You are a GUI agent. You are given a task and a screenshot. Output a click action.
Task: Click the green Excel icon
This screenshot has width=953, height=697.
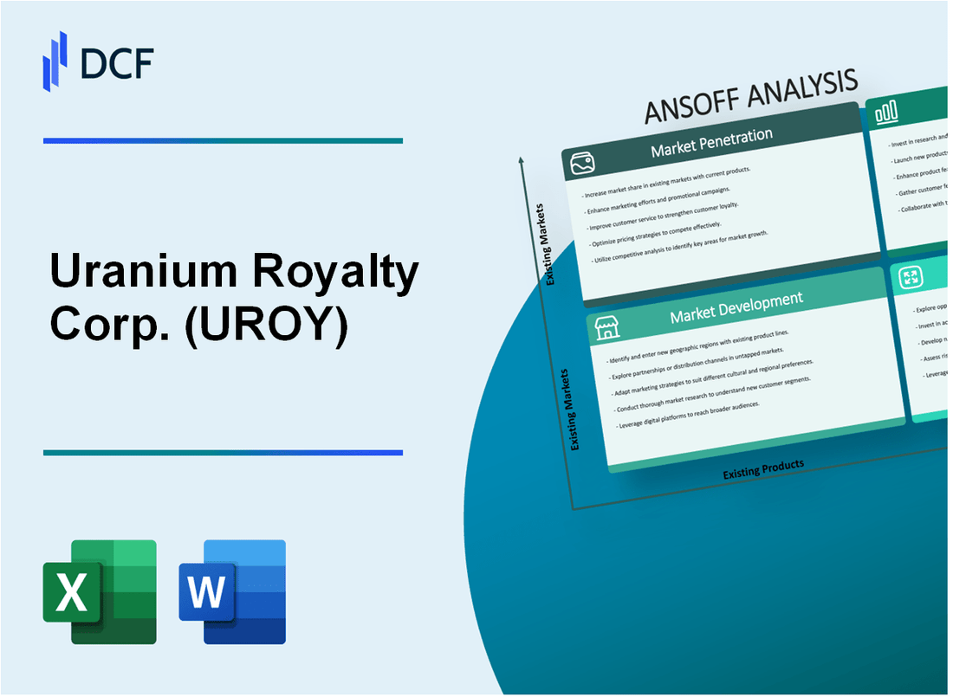coord(100,591)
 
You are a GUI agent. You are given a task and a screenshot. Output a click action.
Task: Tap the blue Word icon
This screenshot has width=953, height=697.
coord(232,591)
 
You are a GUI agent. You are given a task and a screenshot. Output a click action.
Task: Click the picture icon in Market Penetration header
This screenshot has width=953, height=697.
coord(580,163)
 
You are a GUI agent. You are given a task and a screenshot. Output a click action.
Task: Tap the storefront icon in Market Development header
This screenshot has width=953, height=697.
coord(606,327)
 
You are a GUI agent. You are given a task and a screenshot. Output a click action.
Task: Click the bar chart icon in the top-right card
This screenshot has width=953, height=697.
coord(886,112)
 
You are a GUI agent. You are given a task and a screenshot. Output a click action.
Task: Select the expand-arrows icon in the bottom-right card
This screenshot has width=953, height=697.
coord(911,277)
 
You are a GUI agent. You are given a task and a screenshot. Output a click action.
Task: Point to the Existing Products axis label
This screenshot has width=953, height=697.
coord(763,468)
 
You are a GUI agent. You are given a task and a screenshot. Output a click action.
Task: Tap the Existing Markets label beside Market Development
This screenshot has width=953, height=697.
coord(574,409)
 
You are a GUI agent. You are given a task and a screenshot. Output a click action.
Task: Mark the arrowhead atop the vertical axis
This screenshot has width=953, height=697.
coord(522,160)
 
